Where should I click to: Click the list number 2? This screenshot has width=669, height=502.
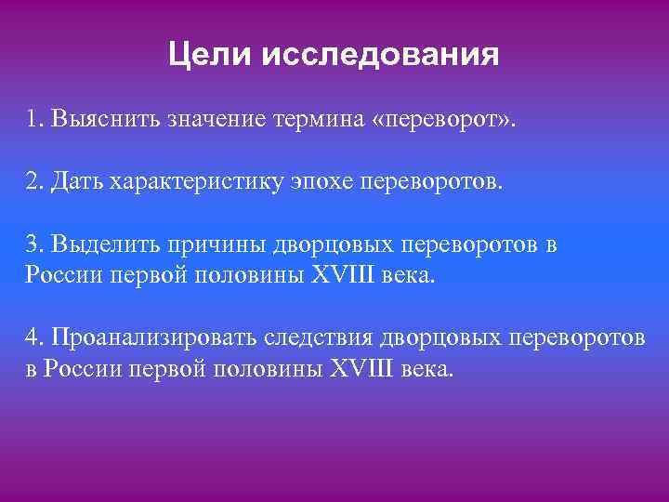[x=34, y=181]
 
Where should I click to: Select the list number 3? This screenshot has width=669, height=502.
[x=34, y=244]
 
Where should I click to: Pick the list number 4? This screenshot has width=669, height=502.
[x=34, y=337]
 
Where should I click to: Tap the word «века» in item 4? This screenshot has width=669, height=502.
[x=427, y=367]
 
